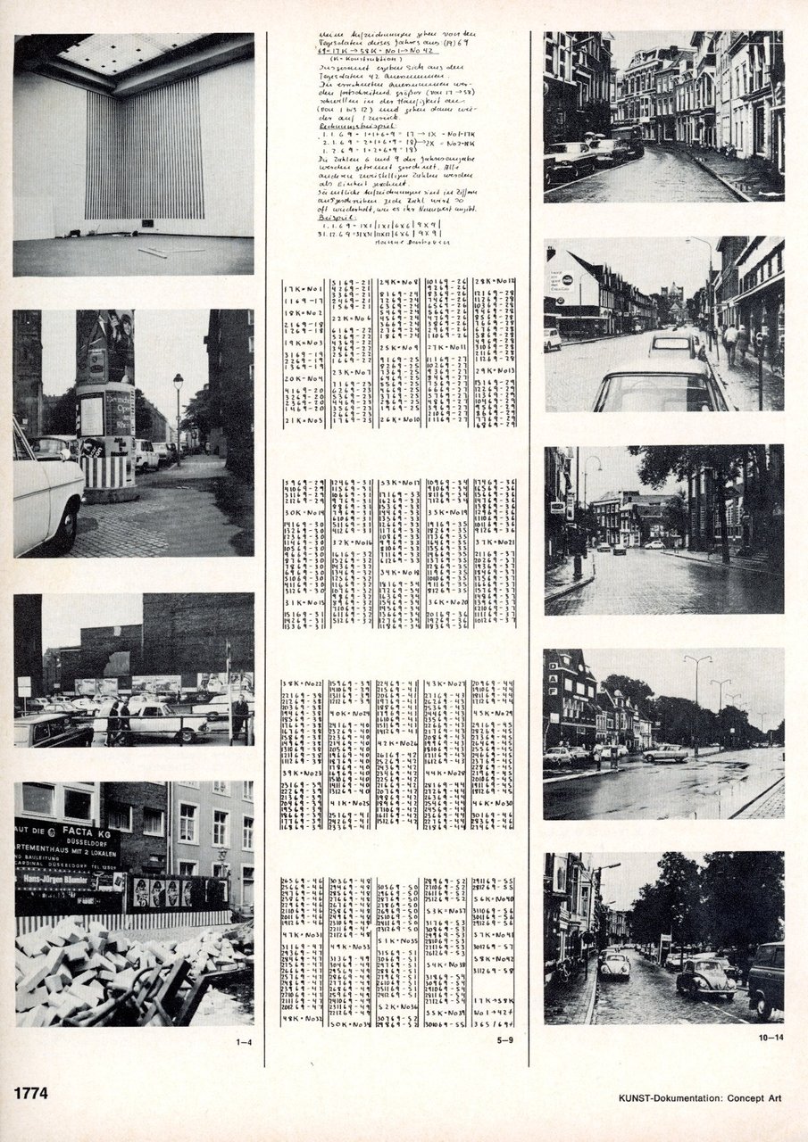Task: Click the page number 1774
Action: pyautogui.click(x=29, y=1093)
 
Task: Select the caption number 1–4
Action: pyautogui.click(x=242, y=1039)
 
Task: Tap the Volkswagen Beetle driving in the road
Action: pyautogui.click(x=705, y=979)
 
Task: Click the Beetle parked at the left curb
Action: pyautogui.click(x=614, y=966)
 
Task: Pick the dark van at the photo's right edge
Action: pyautogui.click(x=766, y=979)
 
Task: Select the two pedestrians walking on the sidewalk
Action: pyautogui.click(x=736, y=343)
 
